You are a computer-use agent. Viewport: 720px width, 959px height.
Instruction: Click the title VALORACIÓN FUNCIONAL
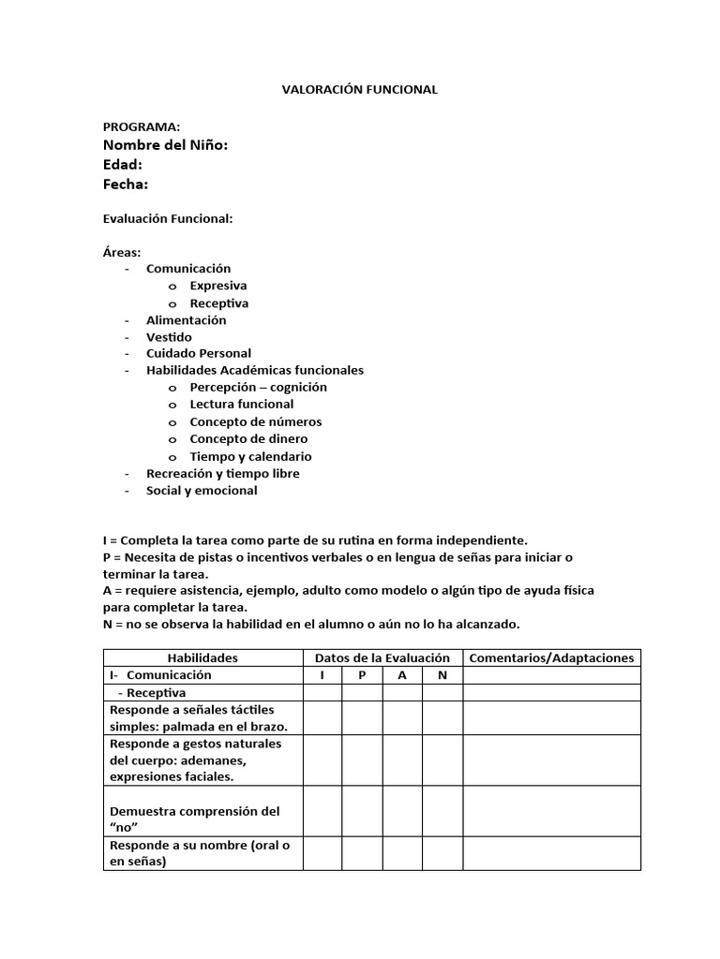tap(360, 90)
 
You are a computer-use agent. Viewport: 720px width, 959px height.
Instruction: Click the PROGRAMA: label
tap(142, 126)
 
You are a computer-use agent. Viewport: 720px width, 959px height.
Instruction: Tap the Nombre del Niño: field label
tap(165, 144)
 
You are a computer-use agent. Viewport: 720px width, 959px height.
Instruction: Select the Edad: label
tap(122, 165)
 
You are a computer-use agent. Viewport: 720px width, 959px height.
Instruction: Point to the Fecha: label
tap(126, 184)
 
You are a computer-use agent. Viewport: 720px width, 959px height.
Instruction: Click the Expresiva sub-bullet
tap(218, 286)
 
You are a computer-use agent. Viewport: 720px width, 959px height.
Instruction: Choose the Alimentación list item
tap(186, 320)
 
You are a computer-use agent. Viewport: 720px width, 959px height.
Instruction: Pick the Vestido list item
tap(169, 337)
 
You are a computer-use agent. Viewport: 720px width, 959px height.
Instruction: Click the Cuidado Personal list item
tap(199, 354)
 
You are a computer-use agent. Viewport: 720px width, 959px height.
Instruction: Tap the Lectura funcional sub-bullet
tap(242, 405)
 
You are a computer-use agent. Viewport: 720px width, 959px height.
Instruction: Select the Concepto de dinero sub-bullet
tap(248, 439)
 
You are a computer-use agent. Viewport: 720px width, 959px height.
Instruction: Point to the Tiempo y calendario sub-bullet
tap(250, 457)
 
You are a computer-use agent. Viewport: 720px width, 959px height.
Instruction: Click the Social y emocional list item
tap(202, 491)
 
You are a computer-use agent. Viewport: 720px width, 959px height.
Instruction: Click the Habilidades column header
tap(202, 658)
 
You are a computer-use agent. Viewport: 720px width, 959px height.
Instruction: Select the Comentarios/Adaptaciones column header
tap(551, 658)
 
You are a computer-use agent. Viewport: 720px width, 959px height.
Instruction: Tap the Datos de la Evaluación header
tap(382, 658)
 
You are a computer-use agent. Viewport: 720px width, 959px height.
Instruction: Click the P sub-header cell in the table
tap(362, 675)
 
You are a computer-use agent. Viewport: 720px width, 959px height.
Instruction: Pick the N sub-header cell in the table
tap(442, 675)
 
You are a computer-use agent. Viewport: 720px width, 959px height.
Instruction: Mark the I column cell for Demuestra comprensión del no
tap(322, 811)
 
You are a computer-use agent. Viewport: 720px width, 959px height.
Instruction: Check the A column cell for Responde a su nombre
tap(402, 853)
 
